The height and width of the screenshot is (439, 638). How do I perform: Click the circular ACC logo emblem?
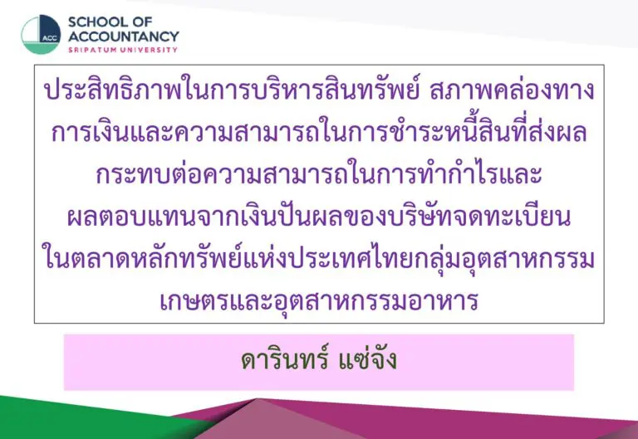(x=41, y=35)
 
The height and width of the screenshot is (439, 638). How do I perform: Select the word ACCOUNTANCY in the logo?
(x=124, y=37)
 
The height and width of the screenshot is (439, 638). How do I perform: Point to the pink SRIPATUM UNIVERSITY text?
(x=123, y=50)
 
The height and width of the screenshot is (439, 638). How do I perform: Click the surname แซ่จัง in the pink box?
(x=367, y=359)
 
